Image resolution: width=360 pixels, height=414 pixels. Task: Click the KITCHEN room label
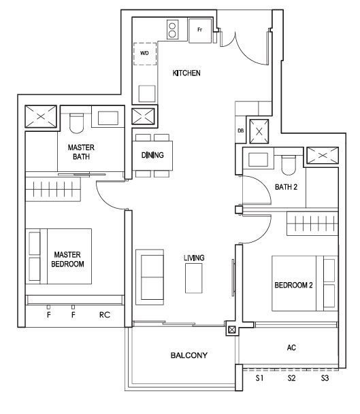[x=186, y=73]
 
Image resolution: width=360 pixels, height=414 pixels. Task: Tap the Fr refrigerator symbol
[x=200, y=30]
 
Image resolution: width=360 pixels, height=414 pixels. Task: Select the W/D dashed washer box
[x=145, y=54]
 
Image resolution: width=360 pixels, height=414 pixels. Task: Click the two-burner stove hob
[x=172, y=30]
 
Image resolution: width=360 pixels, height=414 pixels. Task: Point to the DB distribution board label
[x=240, y=131]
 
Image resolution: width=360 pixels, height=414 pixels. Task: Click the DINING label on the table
[x=152, y=155]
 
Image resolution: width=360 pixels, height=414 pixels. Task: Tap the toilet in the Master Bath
[x=77, y=123]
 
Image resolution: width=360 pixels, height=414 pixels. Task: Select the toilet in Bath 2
[x=289, y=165]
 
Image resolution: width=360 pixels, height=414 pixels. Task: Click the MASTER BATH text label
[x=81, y=152]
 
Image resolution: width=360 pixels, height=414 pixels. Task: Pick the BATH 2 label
[x=286, y=187]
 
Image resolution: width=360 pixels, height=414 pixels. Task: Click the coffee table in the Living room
[x=193, y=278]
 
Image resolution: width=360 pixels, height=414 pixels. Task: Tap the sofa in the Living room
[x=150, y=277]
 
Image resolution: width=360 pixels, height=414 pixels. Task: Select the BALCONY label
[x=189, y=356]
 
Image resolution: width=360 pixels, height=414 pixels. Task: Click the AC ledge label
[x=291, y=347]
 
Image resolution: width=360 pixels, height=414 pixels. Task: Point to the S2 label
[x=291, y=378]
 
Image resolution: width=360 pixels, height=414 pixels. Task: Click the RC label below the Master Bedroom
[x=105, y=315]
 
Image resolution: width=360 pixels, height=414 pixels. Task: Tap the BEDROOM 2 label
[x=293, y=285]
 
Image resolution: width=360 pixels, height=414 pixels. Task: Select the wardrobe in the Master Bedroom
[x=53, y=189]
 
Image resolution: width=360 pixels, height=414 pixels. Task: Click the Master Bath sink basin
[x=108, y=118]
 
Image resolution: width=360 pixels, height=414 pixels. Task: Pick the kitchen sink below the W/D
[x=147, y=93]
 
